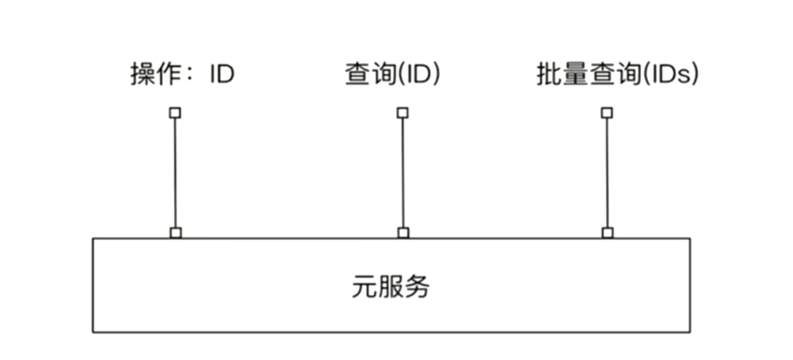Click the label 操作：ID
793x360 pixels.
[x=182, y=75]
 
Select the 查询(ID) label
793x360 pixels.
[x=392, y=75]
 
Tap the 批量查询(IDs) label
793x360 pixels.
[x=617, y=75]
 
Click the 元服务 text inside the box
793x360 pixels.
[x=390, y=287]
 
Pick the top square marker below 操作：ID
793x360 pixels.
[x=174, y=113]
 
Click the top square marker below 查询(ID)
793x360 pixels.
[x=403, y=113]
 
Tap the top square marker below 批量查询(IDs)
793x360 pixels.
[x=607, y=113]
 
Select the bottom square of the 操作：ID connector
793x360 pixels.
[x=174, y=232]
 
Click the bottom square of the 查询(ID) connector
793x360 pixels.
[x=403, y=232]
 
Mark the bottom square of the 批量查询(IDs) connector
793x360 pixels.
[x=607, y=232]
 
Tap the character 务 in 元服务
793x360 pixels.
[x=417, y=287]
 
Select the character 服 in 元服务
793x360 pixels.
[x=390, y=287]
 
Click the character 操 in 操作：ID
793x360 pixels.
[x=142, y=75]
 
